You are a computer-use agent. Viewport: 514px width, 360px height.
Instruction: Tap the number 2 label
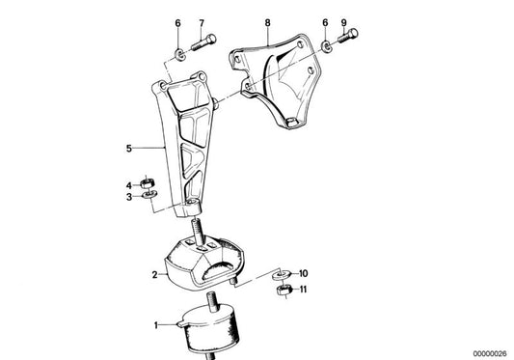(153, 275)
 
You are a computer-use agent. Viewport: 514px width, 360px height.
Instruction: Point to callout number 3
(127, 197)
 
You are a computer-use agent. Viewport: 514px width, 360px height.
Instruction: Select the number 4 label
(127, 183)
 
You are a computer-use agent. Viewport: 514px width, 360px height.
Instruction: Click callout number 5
(128, 149)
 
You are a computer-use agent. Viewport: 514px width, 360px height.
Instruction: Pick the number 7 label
(201, 22)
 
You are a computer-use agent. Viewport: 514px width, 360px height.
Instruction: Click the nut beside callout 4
(149, 181)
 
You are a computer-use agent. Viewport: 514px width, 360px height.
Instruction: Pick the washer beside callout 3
(149, 196)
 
